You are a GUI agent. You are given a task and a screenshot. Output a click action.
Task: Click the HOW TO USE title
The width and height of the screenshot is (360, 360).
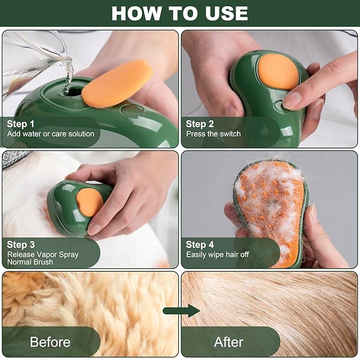(x=180, y=13)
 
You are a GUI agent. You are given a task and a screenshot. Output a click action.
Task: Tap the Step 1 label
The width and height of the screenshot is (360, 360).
(x=21, y=124)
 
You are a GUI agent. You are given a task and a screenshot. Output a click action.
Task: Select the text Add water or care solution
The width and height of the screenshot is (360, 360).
(x=50, y=134)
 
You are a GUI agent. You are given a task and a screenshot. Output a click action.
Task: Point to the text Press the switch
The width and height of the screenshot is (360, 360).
(x=213, y=134)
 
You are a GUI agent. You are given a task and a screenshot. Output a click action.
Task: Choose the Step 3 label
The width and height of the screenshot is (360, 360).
(x=21, y=244)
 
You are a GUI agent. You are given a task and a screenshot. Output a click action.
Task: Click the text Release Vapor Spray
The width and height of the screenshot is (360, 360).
(x=42, y=254)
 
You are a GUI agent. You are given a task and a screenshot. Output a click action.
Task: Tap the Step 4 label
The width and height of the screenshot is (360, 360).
(x=200, y=244)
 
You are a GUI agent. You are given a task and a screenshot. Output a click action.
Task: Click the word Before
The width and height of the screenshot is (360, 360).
(x=50, y=342)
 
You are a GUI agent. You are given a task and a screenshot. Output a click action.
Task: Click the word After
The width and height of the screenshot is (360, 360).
(x=229, y=342)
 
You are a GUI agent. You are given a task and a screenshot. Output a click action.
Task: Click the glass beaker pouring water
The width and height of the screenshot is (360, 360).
(x=32, y=58)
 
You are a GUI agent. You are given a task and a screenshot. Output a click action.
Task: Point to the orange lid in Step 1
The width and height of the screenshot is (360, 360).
(x=117, y=82)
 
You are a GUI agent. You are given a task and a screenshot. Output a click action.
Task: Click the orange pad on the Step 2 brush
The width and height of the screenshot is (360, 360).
(x=279, y=71)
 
